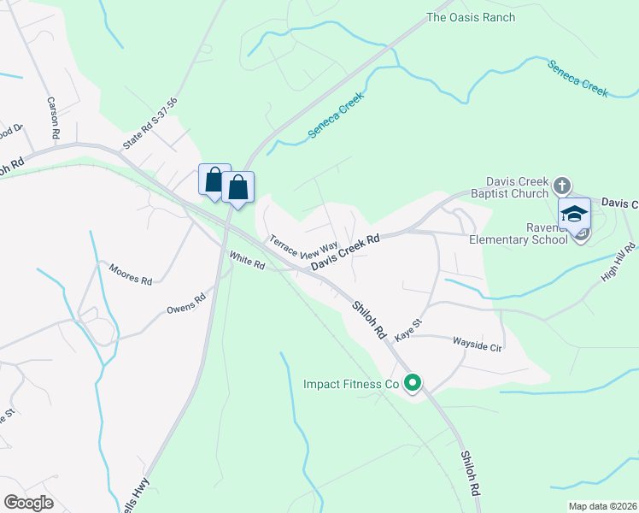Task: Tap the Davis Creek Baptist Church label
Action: pyautogui.click(x=517, y=187)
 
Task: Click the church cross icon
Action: pyautogui.click(x=562, y=185)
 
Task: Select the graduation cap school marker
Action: pyautogui.click(x=575, y=214)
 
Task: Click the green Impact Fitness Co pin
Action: pyautogui.click(x=413, y=384)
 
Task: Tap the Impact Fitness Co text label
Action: pyautogui.click(x=351, y=385)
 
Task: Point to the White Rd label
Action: pyautogui.click(x=247, y=259)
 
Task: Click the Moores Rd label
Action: pyautogui.click(x=130, y=274)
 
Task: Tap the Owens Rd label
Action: pyautogui.click(x=186, y=303)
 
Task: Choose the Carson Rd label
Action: pyautogui.click(x=53, y=118)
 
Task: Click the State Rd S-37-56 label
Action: pyautogui.click(x=149, y=124)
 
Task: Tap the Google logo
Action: pyautogui.click(x=28, y=503)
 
